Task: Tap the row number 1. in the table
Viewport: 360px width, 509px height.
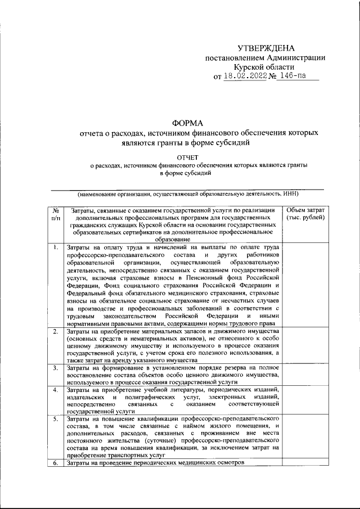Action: [56, 247]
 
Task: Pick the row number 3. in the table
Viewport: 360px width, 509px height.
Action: [56, 368]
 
